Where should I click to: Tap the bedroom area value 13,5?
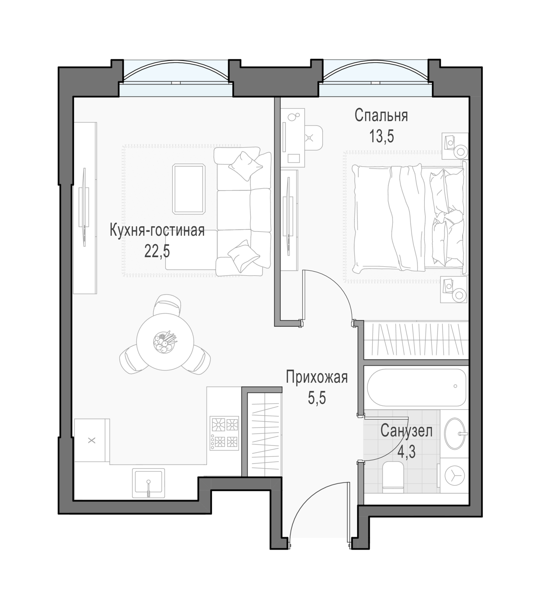(x=381, y=137)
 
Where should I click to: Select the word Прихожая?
(x=316, y=377)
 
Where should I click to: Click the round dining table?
(x=165, y=342)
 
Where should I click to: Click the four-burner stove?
(x=224, y=433)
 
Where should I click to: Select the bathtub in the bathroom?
(x=416, y=387)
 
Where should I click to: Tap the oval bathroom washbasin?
(x=455, y=433)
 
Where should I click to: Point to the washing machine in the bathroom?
(x=454, y=475)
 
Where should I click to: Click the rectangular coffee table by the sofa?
(x=189, y=189)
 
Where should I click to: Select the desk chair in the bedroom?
(x=314, y=138)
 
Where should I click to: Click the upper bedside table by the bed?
(x=455, y=146)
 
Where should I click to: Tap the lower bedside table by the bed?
(x=454, y=289)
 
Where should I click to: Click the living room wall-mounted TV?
(x=84, y=208)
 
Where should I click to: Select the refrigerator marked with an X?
(x=92, y=440)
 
